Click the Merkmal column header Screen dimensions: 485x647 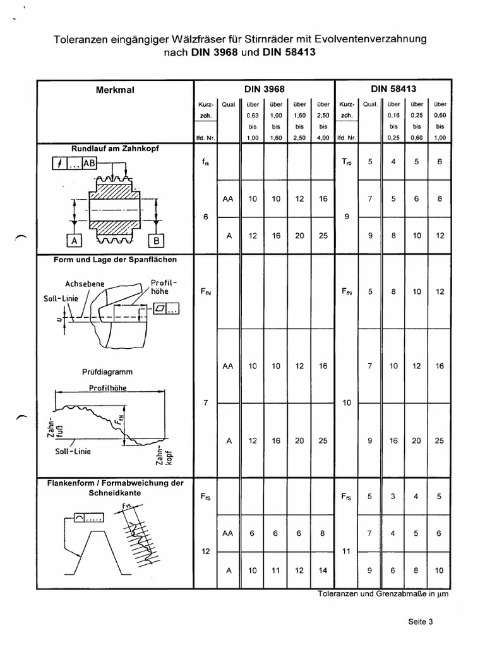(115, 90)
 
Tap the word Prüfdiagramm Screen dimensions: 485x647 (102, 372)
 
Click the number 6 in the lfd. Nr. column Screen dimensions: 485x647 (206, 217)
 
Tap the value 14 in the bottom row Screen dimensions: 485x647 (322, 571)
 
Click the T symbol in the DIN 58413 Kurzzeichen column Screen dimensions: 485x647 (347, 162)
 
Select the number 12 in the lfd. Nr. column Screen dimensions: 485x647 (206, 552)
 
